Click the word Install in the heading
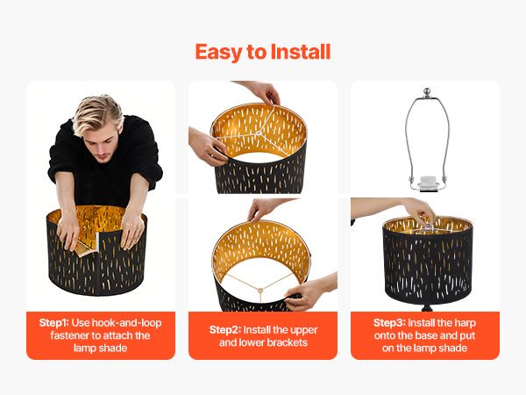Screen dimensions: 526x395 click(301, 52)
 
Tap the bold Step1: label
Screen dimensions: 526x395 click(53, 323)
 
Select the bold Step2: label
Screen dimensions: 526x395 click(225, 330)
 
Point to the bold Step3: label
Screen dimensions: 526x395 click(389, 323)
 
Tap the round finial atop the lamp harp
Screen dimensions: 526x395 click(427, 91)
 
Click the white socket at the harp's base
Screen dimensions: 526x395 click(428, 183)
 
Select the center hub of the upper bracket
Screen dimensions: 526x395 click(259, 133)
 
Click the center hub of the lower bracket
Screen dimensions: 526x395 click(259, 290)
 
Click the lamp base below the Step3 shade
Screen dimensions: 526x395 click(427, 307)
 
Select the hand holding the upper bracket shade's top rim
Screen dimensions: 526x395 click(263, 91)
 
